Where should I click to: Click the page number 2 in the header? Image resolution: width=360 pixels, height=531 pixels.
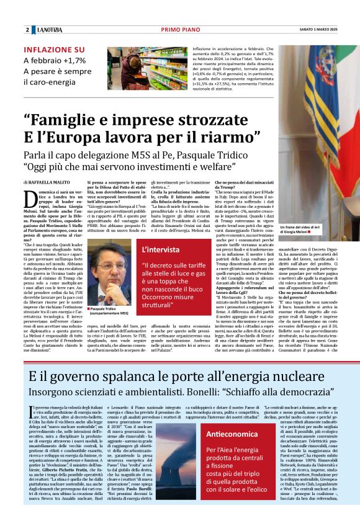(x=27, y=30)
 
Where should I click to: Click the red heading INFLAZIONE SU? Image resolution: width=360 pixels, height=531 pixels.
(x=54, y=50)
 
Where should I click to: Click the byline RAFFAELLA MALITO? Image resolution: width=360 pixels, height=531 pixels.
(x=50, y=182)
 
